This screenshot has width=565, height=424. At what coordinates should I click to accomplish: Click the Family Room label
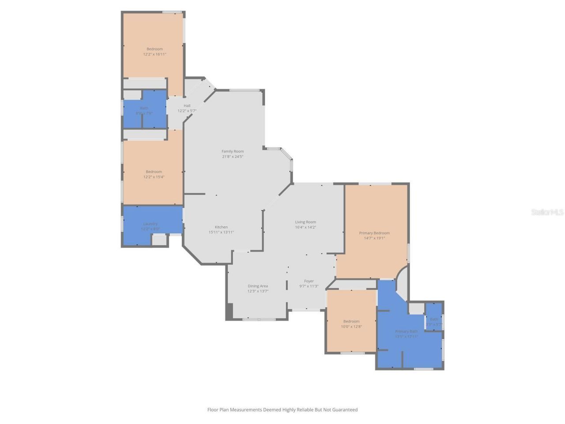tap(233, 151)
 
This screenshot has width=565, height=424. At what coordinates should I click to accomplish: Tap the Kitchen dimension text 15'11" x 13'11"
tap(221, 232)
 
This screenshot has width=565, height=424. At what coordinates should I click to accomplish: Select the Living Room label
tap(305, 222)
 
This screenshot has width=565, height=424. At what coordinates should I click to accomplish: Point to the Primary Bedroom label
tap(374, 233)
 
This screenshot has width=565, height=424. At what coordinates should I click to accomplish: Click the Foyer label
tap(309, 281)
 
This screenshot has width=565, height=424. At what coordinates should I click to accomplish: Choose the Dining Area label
tap(258, 286)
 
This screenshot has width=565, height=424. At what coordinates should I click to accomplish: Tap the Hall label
tap(187, 106)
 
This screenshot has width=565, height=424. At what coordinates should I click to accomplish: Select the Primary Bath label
tap(406, 331)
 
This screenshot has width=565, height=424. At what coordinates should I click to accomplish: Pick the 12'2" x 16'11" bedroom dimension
tap(154, 54)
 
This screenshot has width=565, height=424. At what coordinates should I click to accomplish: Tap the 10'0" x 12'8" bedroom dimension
tap(351, 327)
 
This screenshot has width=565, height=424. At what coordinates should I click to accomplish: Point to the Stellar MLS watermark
tap(547, 212)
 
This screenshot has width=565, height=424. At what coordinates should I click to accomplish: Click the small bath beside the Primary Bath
tap(434, 321)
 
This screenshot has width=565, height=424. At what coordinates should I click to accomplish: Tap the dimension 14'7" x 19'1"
tap(374, 238)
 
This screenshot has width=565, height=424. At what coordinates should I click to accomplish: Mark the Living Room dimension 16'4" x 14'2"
tap(305, 227)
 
